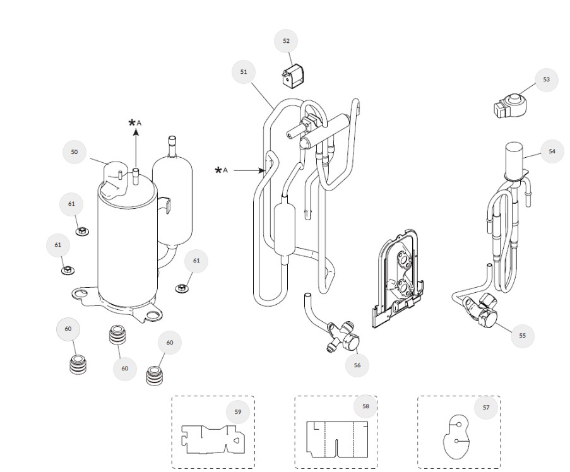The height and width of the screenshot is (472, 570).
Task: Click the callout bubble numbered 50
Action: click(74, 152)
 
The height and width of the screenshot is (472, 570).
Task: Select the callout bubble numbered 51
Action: click(244, 72)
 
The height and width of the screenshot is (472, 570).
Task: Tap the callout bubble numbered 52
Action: click(287, 41)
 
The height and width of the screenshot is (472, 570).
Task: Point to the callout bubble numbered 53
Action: click(546, 80)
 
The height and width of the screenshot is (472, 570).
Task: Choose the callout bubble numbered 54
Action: click(552, 151)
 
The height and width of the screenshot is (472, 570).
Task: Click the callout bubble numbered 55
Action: click(522, 336)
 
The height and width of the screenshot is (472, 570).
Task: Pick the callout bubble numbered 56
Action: click(357, 365)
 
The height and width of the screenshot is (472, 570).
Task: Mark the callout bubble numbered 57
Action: click(486, 408)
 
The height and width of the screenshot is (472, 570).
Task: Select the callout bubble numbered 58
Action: click(365, 406)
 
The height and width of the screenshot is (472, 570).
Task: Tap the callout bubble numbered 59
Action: click(238, 411)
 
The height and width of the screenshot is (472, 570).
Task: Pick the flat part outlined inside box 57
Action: click(457, 435)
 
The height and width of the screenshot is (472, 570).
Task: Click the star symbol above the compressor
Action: click(132, 123)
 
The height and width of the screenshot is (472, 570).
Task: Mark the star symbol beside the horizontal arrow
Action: click(219, 170)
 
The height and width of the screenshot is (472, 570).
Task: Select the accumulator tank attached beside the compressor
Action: click(172, 196)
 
